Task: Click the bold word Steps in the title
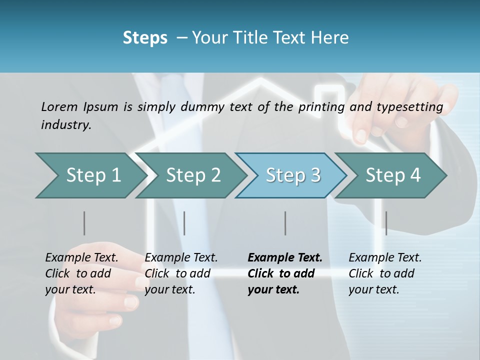[x=145, y=38]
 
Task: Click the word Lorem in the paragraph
[x=59, y=106]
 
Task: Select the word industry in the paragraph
[x=66, y=125]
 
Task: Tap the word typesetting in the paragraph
[x=408, y=107]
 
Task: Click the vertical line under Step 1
[x=84, y=223]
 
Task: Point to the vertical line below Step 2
[x=184, y=223]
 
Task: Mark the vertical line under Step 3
[x=285, y=223]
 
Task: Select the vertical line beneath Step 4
[x=386, y=223]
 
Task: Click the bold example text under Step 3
[x=284, y=273]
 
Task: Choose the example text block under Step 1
[x=81, y=273]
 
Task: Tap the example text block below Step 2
[x=181, y=273]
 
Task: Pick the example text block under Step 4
[x=384, y=273]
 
